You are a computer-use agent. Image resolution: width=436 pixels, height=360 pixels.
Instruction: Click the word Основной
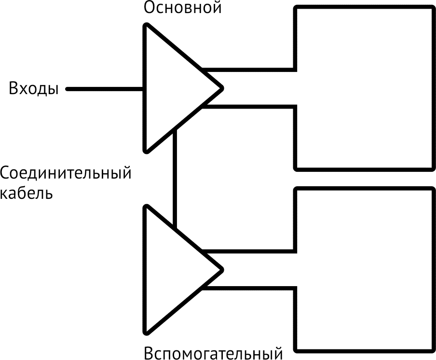183,8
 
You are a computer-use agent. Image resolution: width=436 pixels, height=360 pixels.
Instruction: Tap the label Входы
34,89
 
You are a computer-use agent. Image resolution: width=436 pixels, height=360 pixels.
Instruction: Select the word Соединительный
66,173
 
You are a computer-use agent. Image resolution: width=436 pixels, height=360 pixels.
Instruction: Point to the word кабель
27,193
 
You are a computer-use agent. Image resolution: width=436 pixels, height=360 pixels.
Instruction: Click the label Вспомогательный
213,352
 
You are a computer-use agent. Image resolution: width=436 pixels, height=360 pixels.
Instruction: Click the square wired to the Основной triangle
365,88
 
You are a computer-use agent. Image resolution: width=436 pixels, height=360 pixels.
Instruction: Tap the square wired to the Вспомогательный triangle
365,269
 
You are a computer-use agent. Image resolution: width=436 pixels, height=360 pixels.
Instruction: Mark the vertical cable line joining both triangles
175,179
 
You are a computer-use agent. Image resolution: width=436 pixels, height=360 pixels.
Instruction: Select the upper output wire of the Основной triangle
248,69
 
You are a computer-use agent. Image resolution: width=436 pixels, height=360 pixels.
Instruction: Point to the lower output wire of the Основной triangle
248,106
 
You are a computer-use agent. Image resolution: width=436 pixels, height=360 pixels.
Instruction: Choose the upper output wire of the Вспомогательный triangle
248,251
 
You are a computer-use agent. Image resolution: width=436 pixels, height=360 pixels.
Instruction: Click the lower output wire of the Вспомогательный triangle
248,288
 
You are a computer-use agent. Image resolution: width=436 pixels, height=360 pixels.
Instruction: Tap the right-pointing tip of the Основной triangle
221,88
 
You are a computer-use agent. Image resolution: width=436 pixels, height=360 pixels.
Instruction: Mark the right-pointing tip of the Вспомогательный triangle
221,269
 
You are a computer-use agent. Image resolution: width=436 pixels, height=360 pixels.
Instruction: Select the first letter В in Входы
14,89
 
